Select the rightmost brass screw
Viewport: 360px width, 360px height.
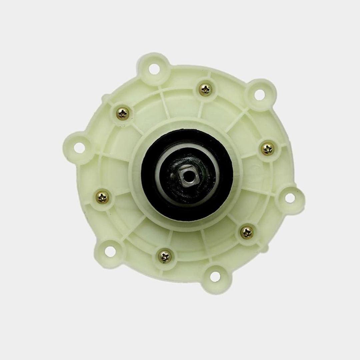pyautogui.click(x=268, y=149)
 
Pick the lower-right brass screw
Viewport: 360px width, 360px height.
pyautogui.click(x=247, y=232)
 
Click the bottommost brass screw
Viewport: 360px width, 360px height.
pyautogui.click(x=165, y=256)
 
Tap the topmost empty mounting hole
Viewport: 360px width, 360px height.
pyautogui.click(x=153, y=69)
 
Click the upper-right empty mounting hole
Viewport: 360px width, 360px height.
pyautogui.click(x=260, y=94)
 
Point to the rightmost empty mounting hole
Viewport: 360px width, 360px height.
pyautogui.click(x=290, y=198)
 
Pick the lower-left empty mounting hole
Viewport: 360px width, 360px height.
pyautogui.click(x=111, y=252)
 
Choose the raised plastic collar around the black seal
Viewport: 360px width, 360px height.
pyautogui.click(x=137, y=200)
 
